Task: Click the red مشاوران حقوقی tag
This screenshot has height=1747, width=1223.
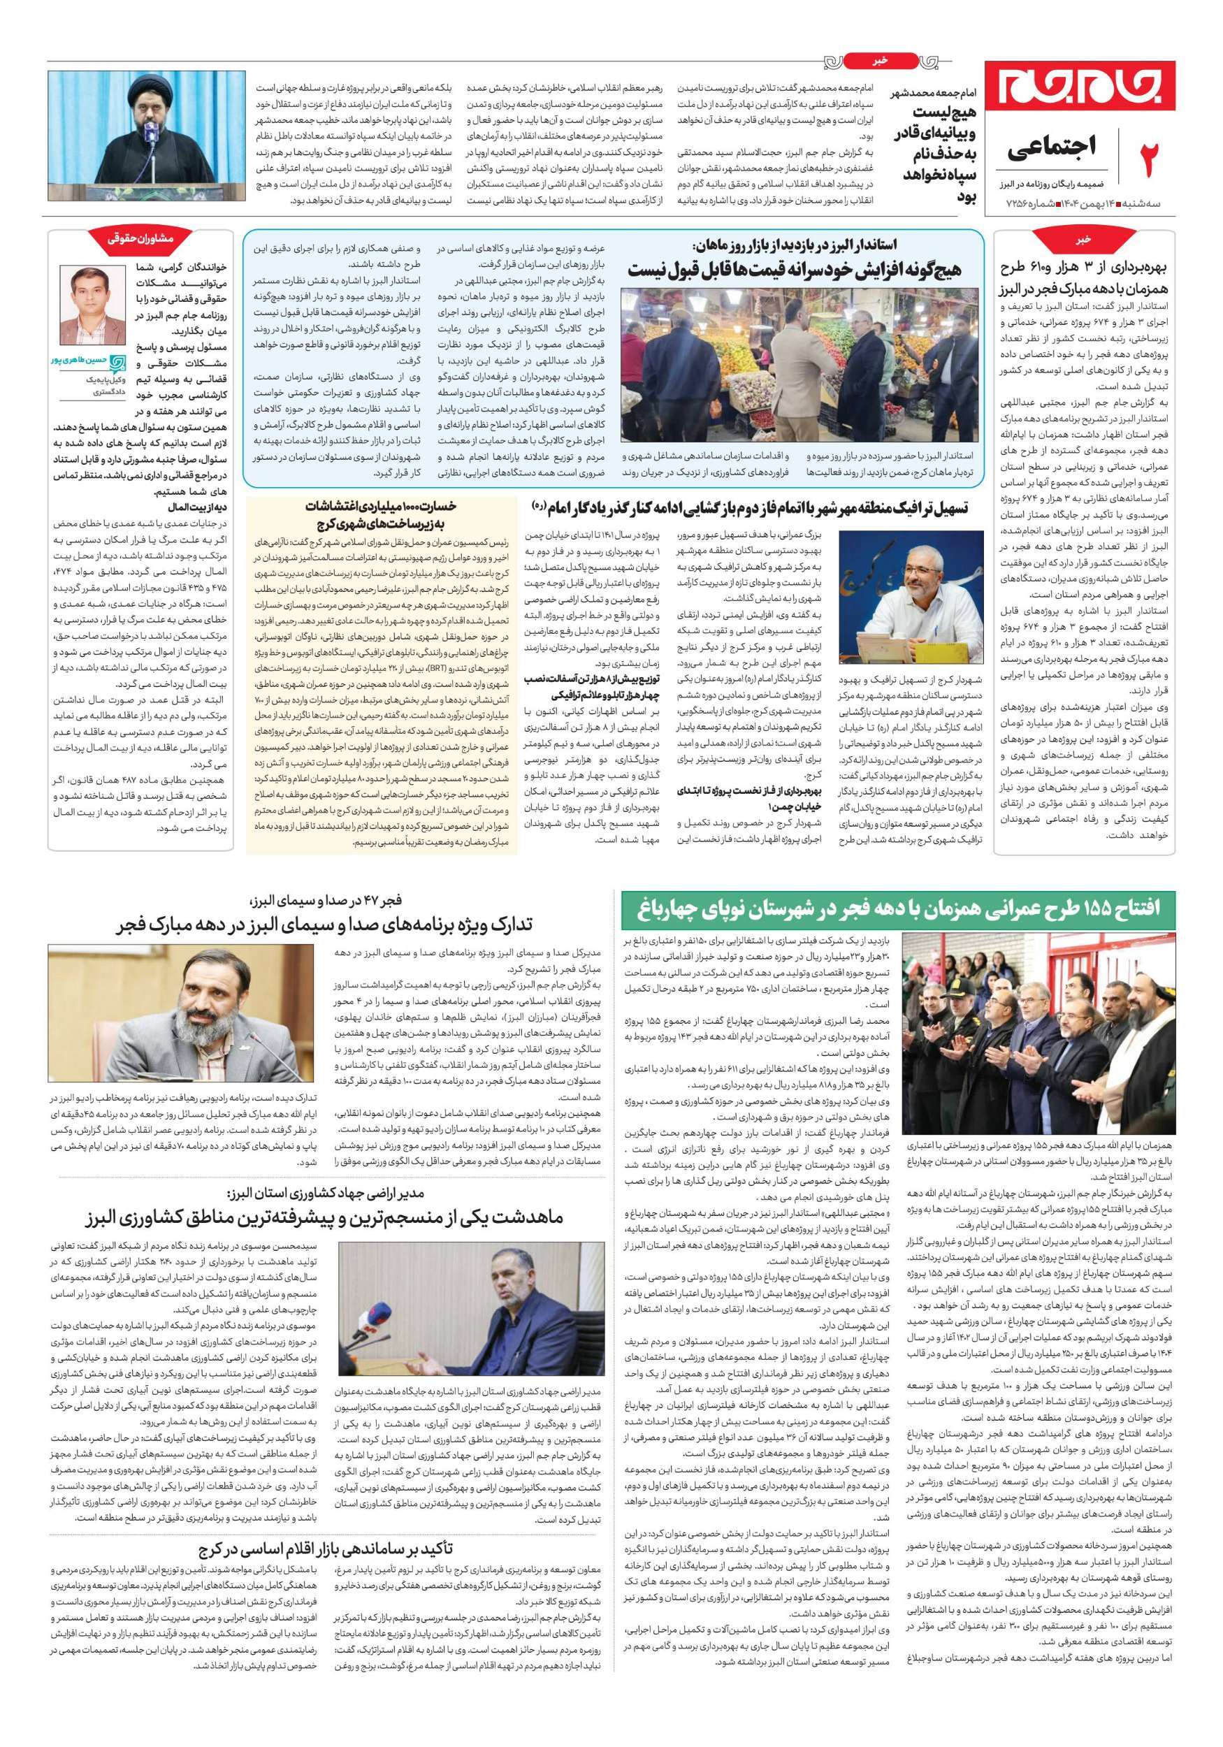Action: click(x=140, y=239)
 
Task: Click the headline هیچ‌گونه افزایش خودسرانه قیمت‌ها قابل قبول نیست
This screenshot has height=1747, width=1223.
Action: click(x=795, y=268)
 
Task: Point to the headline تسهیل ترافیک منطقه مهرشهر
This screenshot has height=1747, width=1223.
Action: click(x=749, y=506)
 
